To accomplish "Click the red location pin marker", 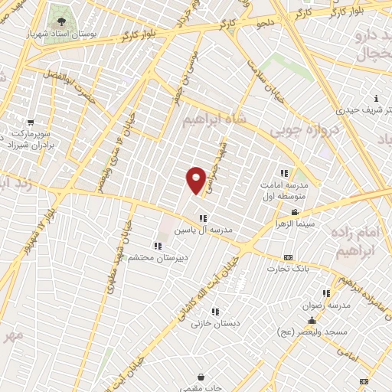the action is pos(196,179).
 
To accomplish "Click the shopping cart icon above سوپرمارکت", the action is pos(31,122).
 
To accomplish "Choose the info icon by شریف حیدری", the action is pos(377,98).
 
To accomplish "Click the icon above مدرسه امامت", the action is pos(284,173).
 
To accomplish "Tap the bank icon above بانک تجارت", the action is pos(288,257).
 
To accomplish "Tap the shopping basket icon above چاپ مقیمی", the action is pos(201,377).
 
